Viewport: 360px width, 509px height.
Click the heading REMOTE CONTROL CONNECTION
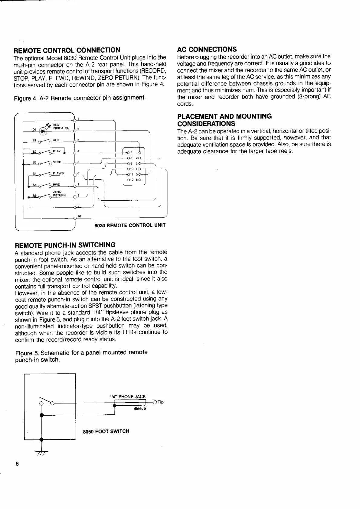(67, 50)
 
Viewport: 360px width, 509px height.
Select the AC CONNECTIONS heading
(207, 49)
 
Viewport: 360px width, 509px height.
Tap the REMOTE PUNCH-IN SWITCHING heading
(65, 245)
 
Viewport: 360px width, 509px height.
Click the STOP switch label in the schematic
(57, 162)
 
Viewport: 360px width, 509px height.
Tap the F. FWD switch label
(58, 173)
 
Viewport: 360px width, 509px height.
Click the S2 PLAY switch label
(57, 151)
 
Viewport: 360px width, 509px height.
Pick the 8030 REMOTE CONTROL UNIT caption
(130, 225)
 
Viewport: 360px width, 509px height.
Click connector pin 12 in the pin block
(129, 180)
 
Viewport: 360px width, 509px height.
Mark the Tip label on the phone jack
(161, 402)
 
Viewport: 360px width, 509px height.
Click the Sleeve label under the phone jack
(139, 409)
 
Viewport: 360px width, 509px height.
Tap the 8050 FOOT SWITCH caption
(106, 431)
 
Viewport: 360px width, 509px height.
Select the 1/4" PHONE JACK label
(127, 397)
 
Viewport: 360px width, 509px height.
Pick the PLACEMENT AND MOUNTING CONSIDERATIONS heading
(224, 120)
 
